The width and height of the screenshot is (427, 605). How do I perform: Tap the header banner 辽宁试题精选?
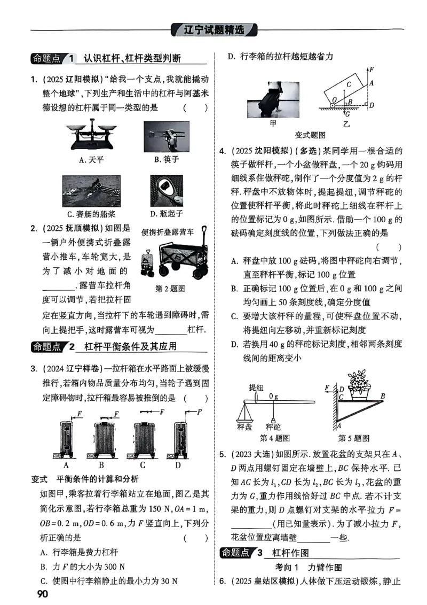pyautogui.click(x=213, y=30)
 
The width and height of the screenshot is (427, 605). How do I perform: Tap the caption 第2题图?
pyautogui.click(x=170, y=289)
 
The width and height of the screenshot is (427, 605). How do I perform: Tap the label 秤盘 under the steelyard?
pyautogui.click(x=246, y=426)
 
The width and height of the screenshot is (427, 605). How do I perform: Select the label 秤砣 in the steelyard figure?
pyautogui.click(x=273, y=426)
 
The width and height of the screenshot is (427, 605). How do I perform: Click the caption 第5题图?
pyautogui.click(x=354, y=438)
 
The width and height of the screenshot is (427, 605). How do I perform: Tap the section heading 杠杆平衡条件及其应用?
pyautogui.click(x=126, y=346)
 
